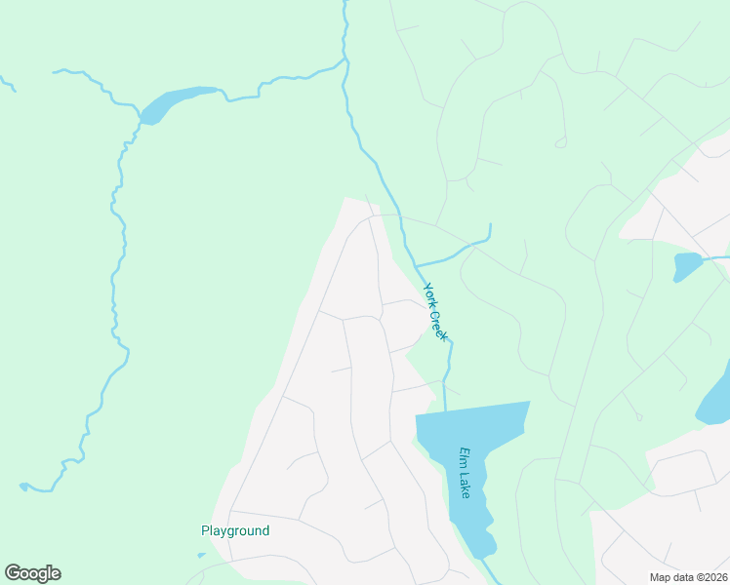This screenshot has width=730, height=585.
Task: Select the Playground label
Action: (x=235, y=531)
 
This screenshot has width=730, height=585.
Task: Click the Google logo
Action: (x=32, y=573)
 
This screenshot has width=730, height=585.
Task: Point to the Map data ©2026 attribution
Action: (x=689, y=576)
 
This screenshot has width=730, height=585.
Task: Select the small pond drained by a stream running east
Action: (x=687, y=265)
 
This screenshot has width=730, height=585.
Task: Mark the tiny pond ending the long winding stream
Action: (x=23, y=486)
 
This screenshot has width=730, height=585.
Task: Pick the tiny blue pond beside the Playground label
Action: (x=201, y=556)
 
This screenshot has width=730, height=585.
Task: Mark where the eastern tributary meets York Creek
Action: (x=416, y=265)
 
